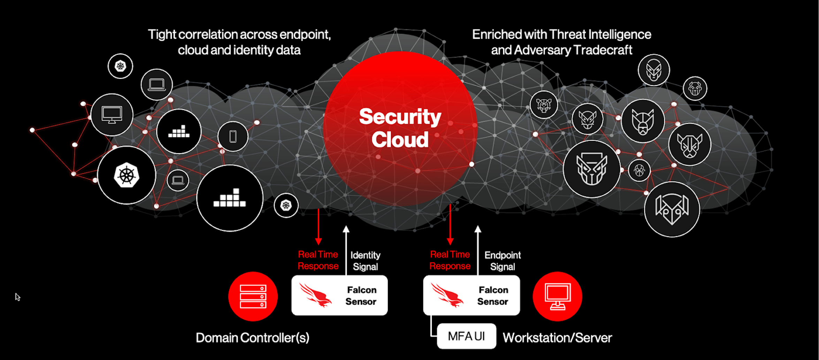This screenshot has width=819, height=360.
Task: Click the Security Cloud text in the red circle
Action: [x=400, y=128]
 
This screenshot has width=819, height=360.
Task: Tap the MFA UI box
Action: [x=466, y=336]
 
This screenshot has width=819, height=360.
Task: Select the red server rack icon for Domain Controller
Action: [x=253, y=296]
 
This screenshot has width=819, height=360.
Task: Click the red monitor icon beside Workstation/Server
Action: [x=557, y=296]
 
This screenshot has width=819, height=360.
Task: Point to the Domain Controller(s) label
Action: [x=252, y=338]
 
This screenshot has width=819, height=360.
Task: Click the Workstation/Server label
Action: [x=557, y=338]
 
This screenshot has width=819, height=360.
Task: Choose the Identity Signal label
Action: [x=365, y=261]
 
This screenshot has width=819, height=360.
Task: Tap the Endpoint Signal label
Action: [x=502, y=261]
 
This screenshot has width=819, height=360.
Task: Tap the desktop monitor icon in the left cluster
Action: [x=112, y=115]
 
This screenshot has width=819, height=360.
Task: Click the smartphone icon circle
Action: [x=233, y=136]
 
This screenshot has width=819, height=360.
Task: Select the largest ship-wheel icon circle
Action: [x=127, y=175]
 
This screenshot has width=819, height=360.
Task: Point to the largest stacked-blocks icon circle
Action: [x=230, y=198]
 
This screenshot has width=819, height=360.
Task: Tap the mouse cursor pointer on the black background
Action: [x=17, y=297]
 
